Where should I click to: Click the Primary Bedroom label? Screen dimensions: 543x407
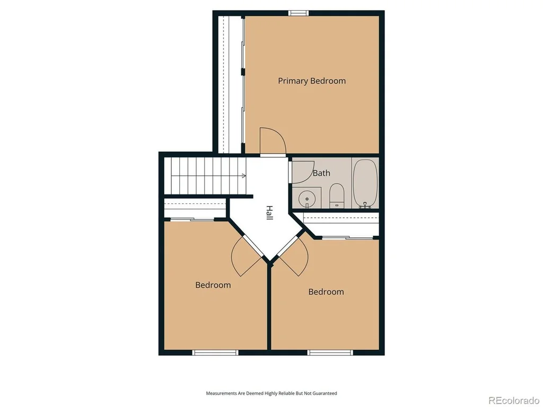[312, 81]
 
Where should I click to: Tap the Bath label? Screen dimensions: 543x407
[321, 173]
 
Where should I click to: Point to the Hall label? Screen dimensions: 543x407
[269, 213]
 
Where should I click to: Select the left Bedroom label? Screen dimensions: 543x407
[213, 285]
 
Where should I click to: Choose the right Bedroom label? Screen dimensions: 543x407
[326, 292]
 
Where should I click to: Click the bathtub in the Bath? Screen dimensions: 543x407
[365, 183]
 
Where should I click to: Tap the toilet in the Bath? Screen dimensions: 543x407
[336, 196]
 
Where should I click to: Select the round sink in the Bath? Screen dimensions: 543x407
[307, 199]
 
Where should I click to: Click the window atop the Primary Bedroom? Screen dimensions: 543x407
[299, 13]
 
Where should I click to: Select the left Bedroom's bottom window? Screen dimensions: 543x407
[215, 352]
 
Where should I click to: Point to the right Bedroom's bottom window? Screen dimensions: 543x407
[330, 352]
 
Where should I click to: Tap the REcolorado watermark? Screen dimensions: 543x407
[514, 401]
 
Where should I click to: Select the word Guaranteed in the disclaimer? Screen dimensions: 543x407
[325, 393]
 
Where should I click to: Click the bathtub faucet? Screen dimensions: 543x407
[365, 206]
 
